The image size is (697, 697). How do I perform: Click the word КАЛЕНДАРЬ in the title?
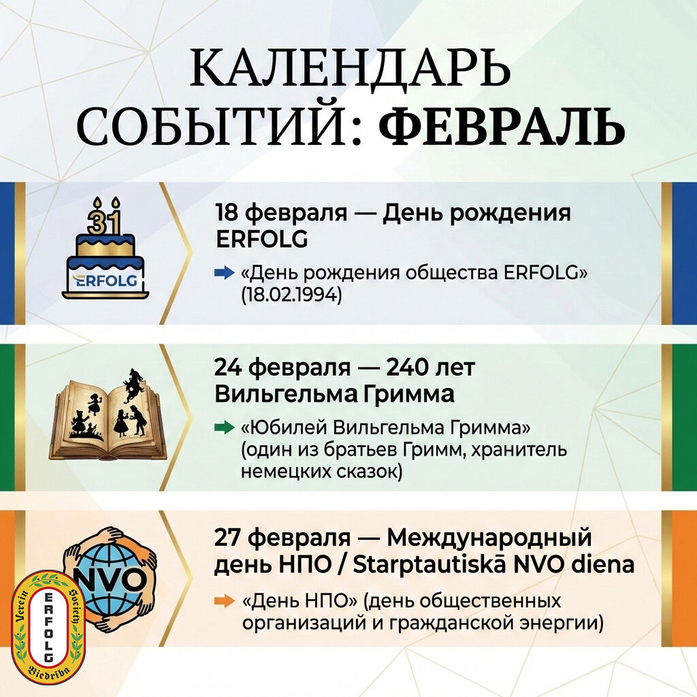pos(351,68)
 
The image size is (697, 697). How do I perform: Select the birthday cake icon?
pos(106,248)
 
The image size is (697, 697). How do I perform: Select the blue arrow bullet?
pos(225,272)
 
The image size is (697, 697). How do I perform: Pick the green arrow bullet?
pos(225,428)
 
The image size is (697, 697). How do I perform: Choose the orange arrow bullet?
pos(225,602)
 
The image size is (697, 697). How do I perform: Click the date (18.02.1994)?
pos(291,295)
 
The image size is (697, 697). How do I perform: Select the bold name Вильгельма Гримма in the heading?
pos(334,394)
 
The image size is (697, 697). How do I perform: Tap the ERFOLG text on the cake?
pos(105,281)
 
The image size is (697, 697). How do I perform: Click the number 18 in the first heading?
pos(227,212)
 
